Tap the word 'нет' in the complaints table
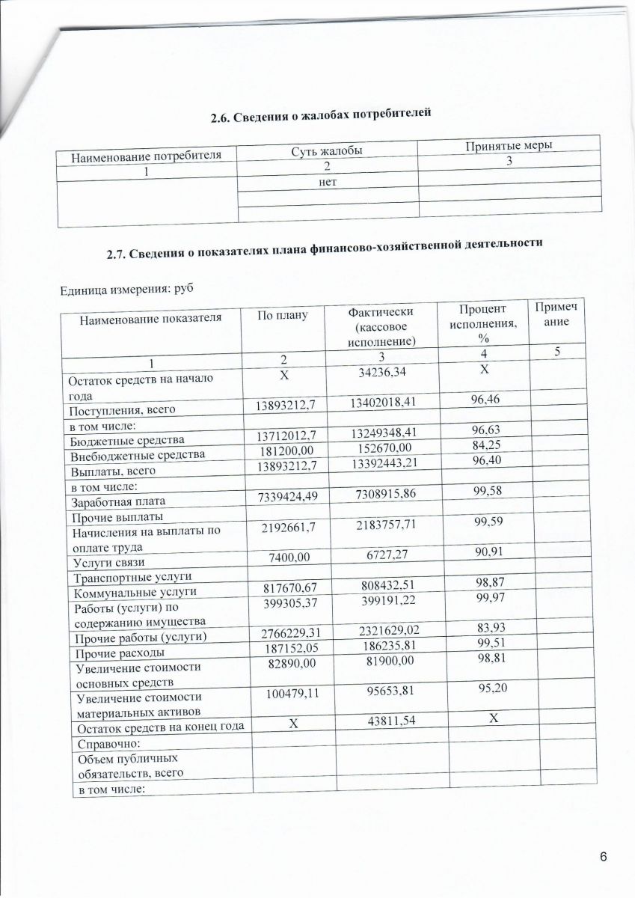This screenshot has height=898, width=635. coord(326,183)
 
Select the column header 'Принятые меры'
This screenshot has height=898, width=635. coord(509,146)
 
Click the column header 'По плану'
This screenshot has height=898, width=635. coord(283,315)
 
